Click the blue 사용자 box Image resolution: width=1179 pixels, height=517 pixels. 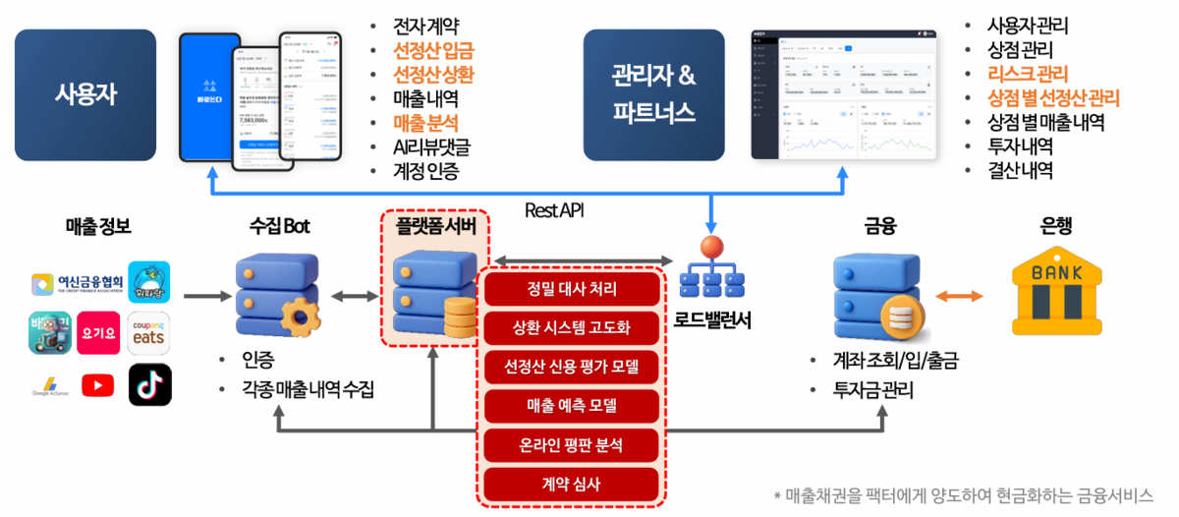[84, 94]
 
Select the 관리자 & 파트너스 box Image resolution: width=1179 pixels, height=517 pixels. [653, 94]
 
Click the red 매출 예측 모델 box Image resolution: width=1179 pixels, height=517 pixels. [572, 405]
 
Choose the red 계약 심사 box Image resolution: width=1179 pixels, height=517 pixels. [572, 483]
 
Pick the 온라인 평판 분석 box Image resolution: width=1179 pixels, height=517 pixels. [572, 444]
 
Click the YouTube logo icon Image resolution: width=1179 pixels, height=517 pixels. [97, 385]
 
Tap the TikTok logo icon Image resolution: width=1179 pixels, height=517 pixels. [149, 385]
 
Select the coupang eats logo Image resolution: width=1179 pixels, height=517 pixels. [149, 332]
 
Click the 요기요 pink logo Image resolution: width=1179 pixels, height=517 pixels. [97, 332]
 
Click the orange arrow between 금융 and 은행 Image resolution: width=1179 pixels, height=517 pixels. [960, 296]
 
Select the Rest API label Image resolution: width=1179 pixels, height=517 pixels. [556, 209]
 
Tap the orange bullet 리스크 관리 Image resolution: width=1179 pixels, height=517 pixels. [1028, 74]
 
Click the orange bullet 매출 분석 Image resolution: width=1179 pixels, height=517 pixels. [424, 123]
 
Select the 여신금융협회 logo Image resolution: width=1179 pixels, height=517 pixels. [78, 284]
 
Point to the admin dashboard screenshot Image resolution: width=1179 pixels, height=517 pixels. [844, 94]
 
